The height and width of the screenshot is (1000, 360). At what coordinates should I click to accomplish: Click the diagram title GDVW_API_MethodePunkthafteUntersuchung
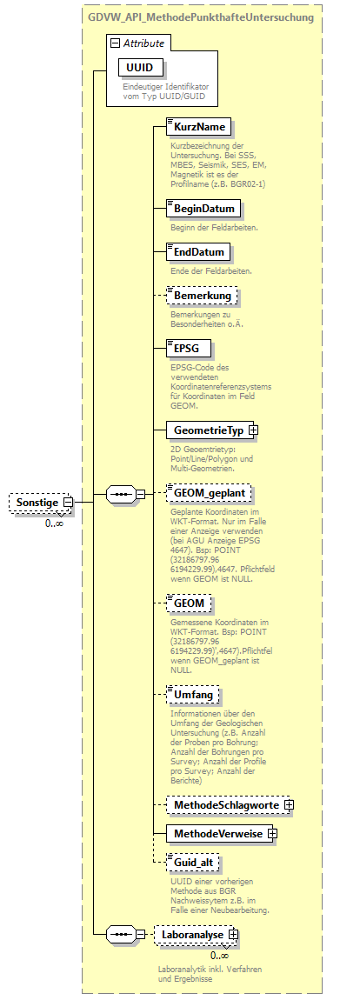(x=201, y=17)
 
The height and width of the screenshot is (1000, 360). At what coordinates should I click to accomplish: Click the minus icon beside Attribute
(x=113, y=43)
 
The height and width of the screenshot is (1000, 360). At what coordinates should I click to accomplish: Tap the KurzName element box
(x=200, y=128)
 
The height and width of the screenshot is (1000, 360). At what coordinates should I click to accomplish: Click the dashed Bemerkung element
(x=203, y=296)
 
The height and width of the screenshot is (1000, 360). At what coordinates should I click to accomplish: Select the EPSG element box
(x=187, y=348)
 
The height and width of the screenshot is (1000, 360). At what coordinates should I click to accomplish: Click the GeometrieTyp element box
(x=207, y=430)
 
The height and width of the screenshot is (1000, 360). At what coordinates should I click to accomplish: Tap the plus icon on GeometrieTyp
(x=253, y=430)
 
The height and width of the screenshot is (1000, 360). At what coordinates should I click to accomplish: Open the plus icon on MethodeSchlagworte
(x=289, y=805)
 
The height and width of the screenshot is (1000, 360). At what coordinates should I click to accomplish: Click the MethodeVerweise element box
(x=217, y=834)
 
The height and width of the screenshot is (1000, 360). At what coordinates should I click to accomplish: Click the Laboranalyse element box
(x=191, y=935)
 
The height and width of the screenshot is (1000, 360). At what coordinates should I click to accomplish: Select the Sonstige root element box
(x=37, y=503)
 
